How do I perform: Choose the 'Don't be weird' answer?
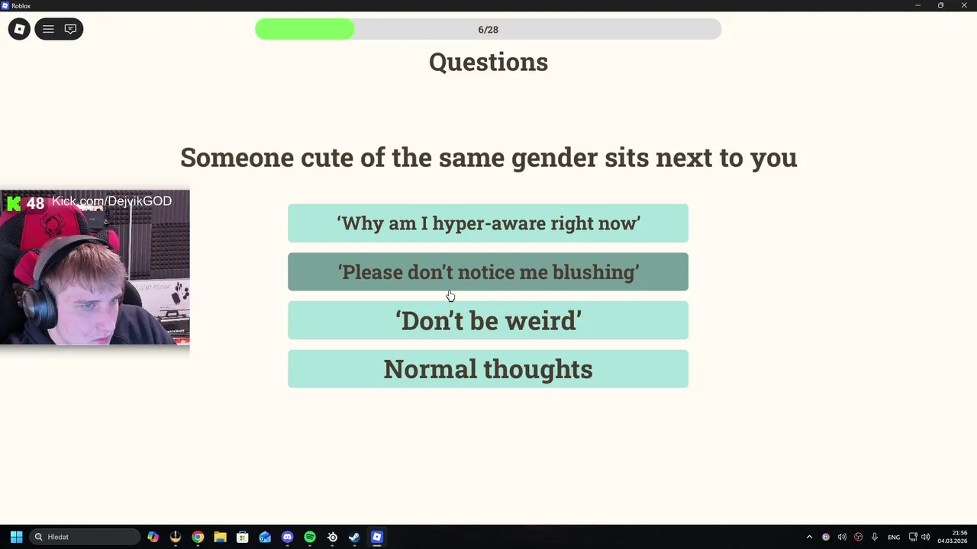pyautogui.click(x=488, y=320)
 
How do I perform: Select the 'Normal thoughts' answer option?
pyautogui.click(x=488, y=368)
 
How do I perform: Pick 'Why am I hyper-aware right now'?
pyautogui.click(x=488, y=223)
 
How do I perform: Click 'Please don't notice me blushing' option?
pyautogui.click(x=488, y=271)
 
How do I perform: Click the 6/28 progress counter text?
pyautogui.click(x=488, y=30)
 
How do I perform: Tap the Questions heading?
pyautogui.click(x=488, y=62)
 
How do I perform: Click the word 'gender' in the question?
pyautogui.click(x=554, y=158)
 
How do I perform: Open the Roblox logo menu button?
pyautogui.click(x=19, y=29)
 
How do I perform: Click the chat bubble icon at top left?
pyautogui.click(x=70, y=29)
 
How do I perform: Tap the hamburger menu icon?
pyautogui.click(x=48, y=29)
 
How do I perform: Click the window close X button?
pyautogui.click(x=964, y=5)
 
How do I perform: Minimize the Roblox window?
pyautogui.click(x=917, y=5)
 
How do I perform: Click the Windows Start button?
pyautogui.click(x=17, y=537)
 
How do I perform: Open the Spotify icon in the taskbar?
pyautogui.click(x=310, y=537)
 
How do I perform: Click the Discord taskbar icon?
pyautogui.click(x=288, y=537)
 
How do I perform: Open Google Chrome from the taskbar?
pyautogui.click(x=198, y=537)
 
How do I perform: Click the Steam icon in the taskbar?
pyautogui.click(x=355, y=537)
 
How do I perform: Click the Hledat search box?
pyautogui.click(x=85, y=537)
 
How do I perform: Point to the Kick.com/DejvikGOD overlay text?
pyautogui.click(x=111, y=201)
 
